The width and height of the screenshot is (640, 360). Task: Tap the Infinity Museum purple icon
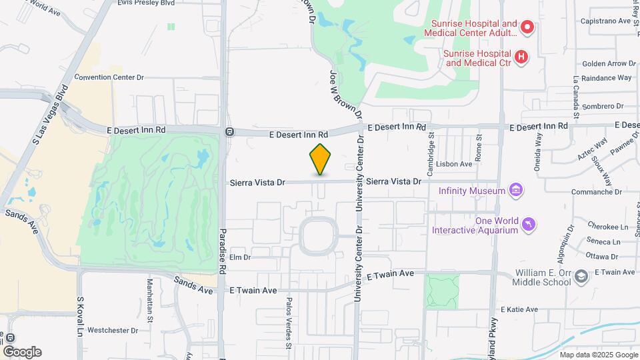pos(515,191)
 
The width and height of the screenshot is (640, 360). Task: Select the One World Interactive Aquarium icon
pos(529,225)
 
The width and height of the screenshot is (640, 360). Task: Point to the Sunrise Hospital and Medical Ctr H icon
pos(522,58)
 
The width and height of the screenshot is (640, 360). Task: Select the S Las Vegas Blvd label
pos(51,113)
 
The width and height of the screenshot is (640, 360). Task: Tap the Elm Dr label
pos(239,257)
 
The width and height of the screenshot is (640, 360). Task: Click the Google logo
pos(21,352)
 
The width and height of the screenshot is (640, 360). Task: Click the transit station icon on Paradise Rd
pos(229,131)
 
